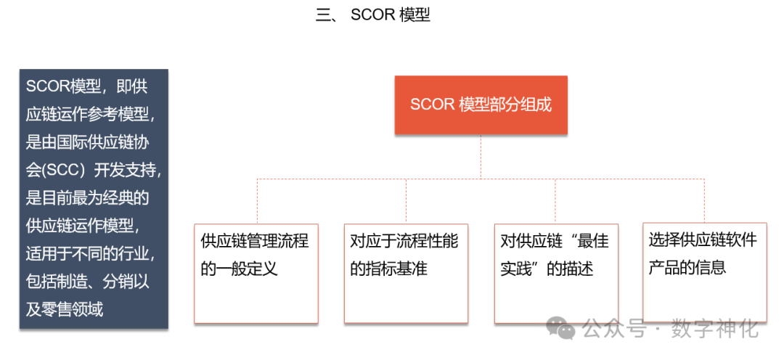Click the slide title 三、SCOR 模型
[373, 15]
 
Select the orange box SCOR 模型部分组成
[481, 105]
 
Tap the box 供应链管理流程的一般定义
[256, 273]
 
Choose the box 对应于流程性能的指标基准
[405, 273]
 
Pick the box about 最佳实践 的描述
[556, 273]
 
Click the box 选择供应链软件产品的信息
[704, 273]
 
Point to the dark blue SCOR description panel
[94, 198]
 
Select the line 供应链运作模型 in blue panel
[81, 226]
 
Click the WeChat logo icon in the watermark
[562, 329]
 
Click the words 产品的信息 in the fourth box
[687, 267]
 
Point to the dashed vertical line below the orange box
[481, 156]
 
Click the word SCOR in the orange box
[433, 105]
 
